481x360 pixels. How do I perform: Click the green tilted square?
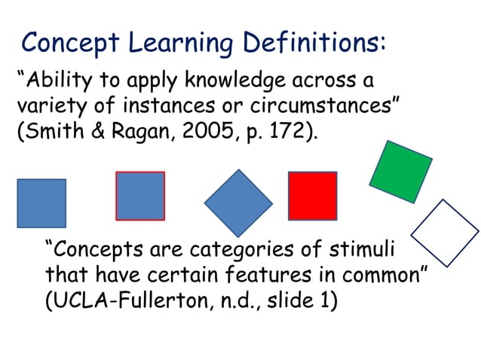pyautogui.click(x=400, y=172)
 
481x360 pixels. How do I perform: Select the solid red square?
pyautogui.click(x=312, y=196)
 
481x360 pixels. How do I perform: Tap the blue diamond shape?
pyautogui.click(x=238, y=203)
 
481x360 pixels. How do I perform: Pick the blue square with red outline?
pyautogui.click(x=140, y=196)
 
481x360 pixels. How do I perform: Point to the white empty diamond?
pyautogui.click(x=445, y=233)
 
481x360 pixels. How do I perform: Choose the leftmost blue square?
pyautogui.click(x=41, y=203)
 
